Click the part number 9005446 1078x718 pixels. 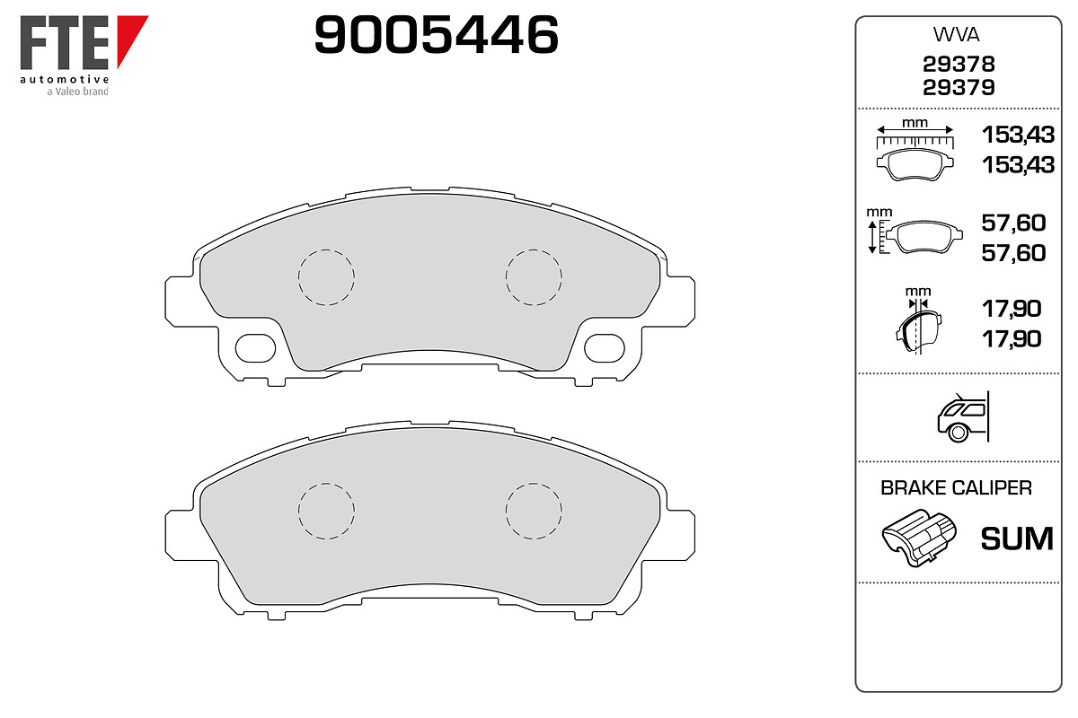click(436, 35)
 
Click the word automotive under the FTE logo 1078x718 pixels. click(65, 79)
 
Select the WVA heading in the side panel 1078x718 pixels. click(956, 35)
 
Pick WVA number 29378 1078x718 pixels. click(959, 64)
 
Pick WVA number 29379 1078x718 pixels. click(959, 88)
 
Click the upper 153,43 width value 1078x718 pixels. click(1018, 135)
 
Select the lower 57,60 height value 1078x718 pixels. click(1013, 253)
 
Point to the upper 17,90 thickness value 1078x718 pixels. click(1012, 309)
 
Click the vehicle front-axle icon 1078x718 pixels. click(963, 417)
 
